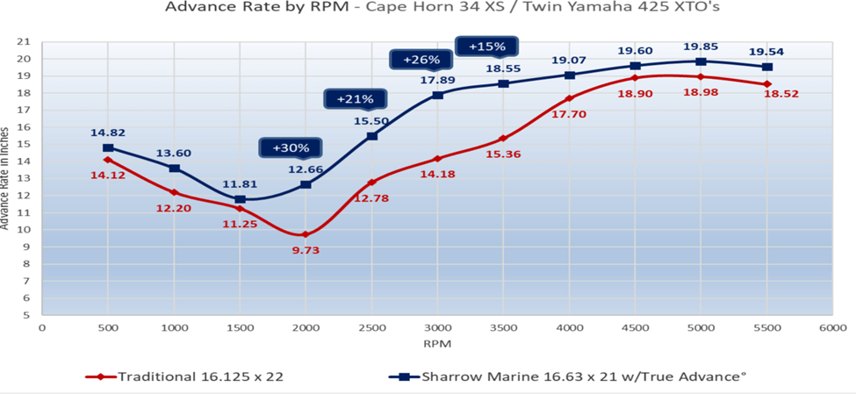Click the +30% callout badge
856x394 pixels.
289,148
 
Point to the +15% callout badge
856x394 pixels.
487,46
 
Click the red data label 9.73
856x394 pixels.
305,251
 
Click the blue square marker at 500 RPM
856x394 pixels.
108,148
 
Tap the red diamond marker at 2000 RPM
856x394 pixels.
306,234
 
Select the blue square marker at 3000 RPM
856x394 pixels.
437,95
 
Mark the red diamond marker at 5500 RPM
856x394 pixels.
766,84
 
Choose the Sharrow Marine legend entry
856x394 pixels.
571,376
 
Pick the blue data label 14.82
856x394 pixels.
107,133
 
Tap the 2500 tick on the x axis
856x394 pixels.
371,328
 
